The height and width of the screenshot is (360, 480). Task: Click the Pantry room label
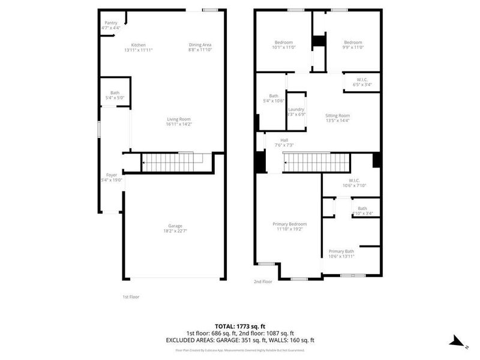coord(111,23)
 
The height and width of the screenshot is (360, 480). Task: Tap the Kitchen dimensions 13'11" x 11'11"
coord(139,50)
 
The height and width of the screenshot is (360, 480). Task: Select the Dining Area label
coord(200,45)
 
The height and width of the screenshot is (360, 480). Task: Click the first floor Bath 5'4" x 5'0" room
coord(114,95)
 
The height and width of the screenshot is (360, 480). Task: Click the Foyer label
coord(112,175)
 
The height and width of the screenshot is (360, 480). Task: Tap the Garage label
coord(175,226)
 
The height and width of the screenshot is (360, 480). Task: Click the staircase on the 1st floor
coord(171,163)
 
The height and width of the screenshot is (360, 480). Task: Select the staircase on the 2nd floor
coord(316,163)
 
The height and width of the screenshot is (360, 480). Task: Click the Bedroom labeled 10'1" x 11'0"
coord(284,43)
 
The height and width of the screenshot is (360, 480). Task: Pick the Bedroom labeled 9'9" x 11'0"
coord(353,43)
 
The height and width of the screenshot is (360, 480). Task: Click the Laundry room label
coord(296,109)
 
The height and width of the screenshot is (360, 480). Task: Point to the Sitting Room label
coord(337,115)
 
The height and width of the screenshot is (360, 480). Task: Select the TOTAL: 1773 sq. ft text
coord(240,326)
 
